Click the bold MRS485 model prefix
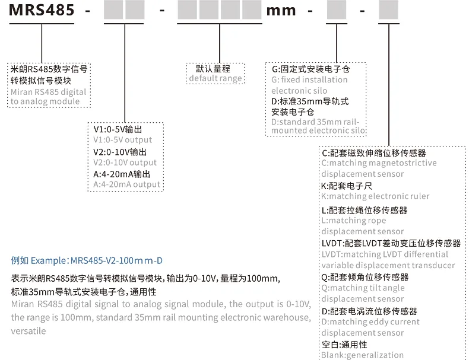coord(42,10)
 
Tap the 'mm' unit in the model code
coord(281,11)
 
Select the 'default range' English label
coord(216,78)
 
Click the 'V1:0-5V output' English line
coord(123,140)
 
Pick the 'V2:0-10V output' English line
coord(125,163)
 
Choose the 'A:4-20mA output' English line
coord(127,184)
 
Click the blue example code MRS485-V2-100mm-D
coord(116,260)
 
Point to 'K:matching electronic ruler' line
coord(375,196)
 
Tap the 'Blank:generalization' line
coord(363,355)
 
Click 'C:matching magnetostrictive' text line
coord(379,163)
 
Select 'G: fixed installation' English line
coord(309,79)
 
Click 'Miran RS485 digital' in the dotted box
coord(49,92)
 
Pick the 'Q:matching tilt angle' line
coord(363,288)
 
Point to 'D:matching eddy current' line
coord(370,322)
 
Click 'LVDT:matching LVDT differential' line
coord(385,254)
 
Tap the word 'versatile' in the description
coord(28,331)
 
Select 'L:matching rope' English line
coord(354,221)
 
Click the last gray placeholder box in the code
coord(388,10)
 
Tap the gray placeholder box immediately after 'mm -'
coord(337,10)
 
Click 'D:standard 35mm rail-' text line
coord(315,122)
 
